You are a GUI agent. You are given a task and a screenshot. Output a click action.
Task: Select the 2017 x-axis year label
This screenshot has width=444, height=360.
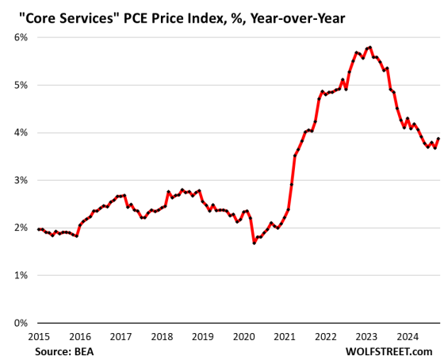click(x=121, y=335)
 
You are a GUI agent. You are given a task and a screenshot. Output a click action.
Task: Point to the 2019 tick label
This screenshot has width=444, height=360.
click(x=202, y=335)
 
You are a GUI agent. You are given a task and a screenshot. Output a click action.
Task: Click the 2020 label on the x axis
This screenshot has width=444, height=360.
click(x=243, y=335)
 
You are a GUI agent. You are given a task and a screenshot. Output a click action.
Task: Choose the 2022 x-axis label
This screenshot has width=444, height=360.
click(x=325, y=335)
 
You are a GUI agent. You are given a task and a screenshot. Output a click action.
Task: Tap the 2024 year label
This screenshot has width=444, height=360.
click(x=406, y=335)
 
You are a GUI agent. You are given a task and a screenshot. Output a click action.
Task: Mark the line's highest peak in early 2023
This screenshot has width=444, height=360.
click(x=370, y=48)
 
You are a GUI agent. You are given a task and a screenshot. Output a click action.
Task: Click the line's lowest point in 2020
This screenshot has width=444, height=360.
click(x=254, y=243)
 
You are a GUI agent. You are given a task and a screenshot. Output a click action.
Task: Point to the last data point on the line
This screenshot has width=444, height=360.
click(x=438, y=139)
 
